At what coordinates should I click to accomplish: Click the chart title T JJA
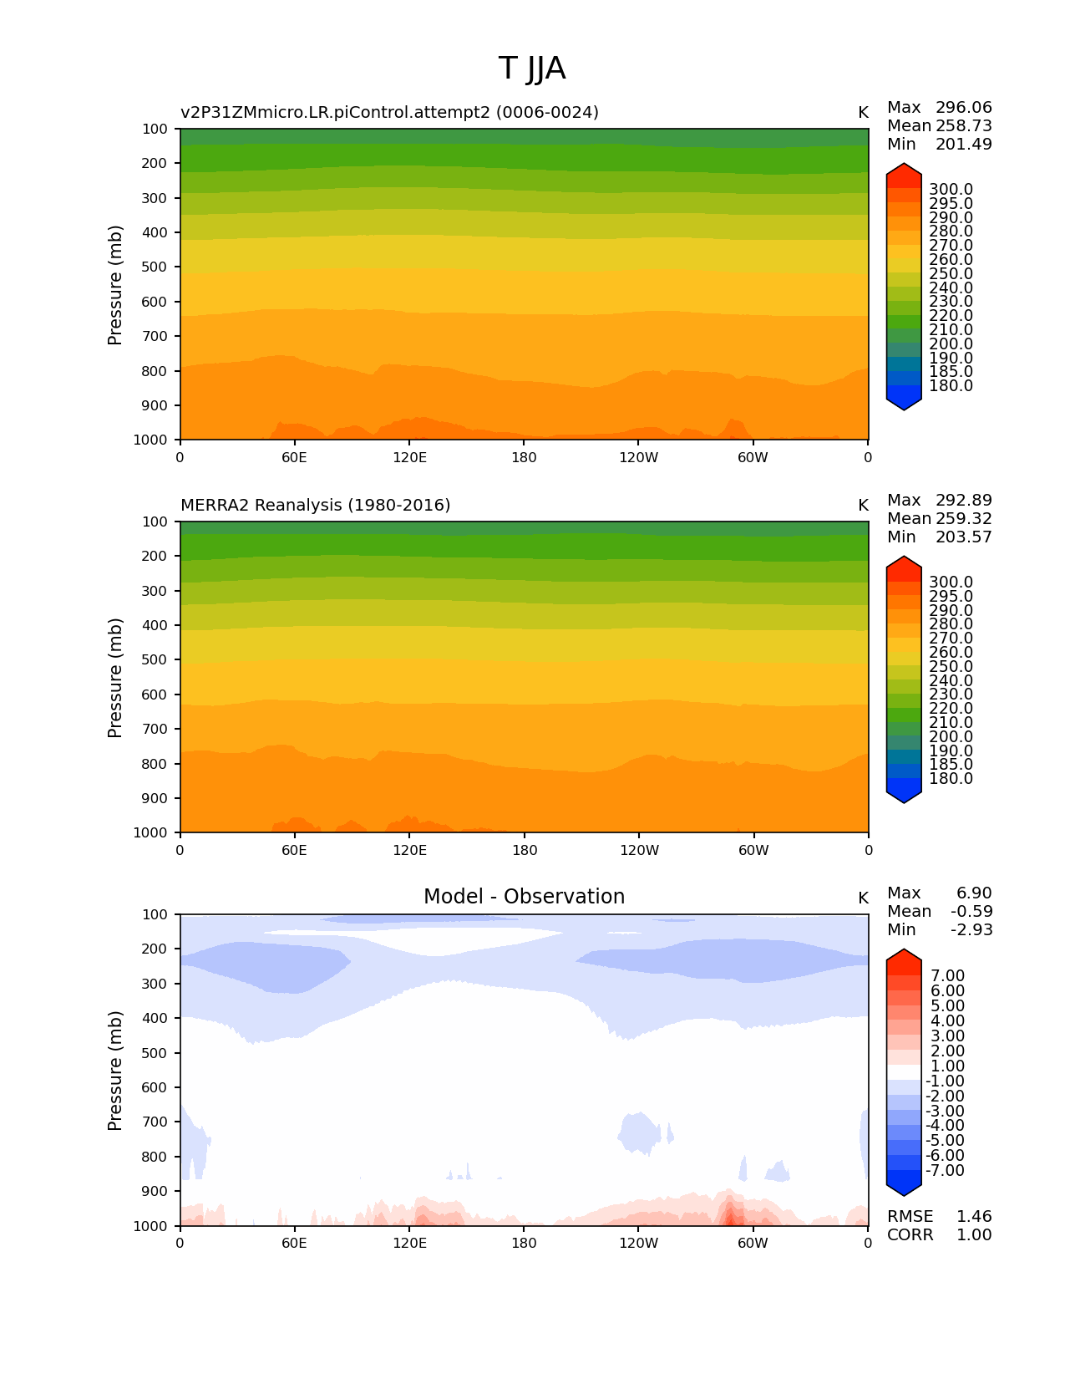[532, 69]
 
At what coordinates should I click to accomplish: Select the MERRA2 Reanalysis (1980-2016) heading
[315, 506]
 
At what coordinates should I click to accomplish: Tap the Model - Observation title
[524, 897]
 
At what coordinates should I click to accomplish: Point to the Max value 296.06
[963, 108]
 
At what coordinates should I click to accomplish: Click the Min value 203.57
[963, 537]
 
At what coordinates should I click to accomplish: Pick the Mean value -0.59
[971, 912]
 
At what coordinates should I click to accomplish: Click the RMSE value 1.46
[974, 1217]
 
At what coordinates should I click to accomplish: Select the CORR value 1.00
[974, 1235]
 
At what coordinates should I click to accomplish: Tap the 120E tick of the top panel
[409, 458]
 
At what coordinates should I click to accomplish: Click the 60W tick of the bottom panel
[753, 1244]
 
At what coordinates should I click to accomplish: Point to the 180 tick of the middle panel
[524, 851]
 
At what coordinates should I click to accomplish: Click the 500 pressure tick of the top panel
[155, 267]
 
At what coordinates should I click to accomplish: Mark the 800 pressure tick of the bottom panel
[155, 1157]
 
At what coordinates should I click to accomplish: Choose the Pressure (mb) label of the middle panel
[115, 678]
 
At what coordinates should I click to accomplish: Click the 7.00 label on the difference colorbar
[947, 976]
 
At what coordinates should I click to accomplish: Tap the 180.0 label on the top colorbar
[951, 386]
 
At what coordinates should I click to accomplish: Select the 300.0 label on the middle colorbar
[951, 583]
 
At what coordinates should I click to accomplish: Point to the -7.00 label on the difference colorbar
[945, 1171]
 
